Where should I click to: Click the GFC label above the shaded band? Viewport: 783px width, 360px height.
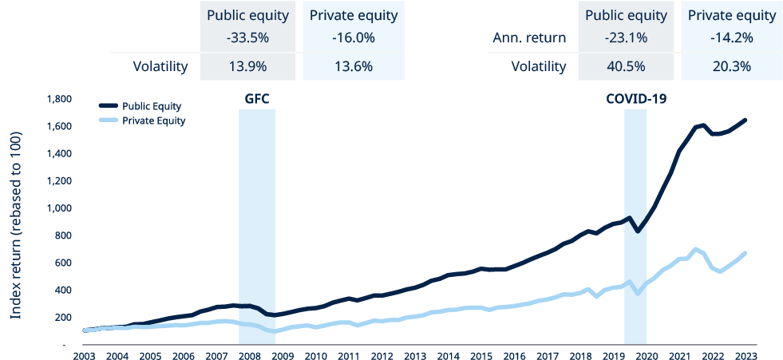point(256,100)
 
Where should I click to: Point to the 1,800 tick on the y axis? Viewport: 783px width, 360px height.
point(61,100)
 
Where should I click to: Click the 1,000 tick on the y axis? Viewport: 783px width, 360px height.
point(61,208)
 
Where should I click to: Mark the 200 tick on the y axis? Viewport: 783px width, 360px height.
point(65,317)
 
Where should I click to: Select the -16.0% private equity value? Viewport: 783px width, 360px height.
point(353,38)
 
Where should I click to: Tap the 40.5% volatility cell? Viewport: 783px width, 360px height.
point(625,66)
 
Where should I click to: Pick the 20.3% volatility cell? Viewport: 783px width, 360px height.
point(731,66)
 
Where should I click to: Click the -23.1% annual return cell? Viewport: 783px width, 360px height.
point(625,38)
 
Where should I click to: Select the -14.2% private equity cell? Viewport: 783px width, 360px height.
point(731,38)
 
